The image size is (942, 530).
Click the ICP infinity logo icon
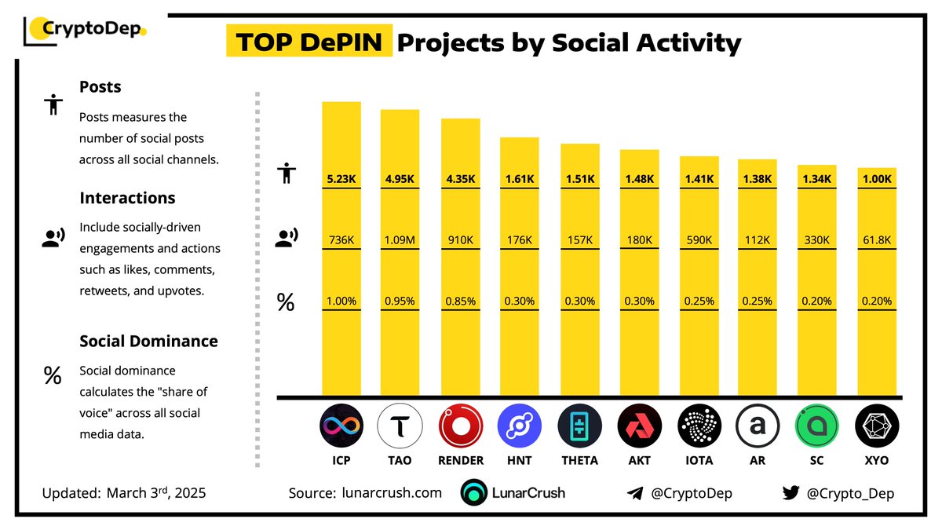tap(341, 427)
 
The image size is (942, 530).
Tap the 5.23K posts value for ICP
tap(341, 179)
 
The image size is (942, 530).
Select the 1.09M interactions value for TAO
tap(400, 239)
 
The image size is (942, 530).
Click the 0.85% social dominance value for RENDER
tap(460, 301)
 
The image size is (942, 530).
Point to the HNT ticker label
tap(520, 461)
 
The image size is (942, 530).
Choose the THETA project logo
tap(579, 427)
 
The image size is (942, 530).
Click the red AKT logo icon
tap(639, 427)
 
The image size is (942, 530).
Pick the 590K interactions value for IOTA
tap(699, 239)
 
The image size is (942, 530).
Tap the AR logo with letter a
tap(758, 427)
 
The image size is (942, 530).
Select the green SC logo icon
tap(817, 427)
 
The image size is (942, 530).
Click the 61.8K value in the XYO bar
tap(877, 239)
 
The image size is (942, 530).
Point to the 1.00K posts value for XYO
tap(877, 179)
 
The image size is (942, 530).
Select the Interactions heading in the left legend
tap(126, 198)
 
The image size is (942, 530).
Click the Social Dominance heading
tap(148, 342)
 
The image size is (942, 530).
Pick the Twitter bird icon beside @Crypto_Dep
tap(790, 493)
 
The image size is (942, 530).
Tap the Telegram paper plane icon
tap(635, 493)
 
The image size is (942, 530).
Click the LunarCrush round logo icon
tap(474, 493)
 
